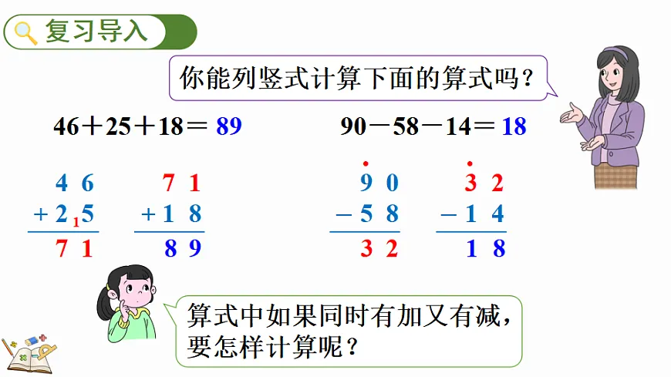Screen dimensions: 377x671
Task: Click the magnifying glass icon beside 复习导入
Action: pyautogui.click(x=25, y=32)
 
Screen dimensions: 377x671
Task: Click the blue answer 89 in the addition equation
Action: pyautogui.click(x=229, y=126)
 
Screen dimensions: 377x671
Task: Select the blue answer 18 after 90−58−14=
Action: pyautogui.click(x=514, y=126)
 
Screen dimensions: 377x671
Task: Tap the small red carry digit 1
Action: pyautogui.click(x=76, y=223)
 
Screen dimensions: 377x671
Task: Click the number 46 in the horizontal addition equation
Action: pyautogui.click(x=66, y=126)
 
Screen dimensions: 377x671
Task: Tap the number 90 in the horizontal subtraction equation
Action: pyautogui.click(x=352, y=126)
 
